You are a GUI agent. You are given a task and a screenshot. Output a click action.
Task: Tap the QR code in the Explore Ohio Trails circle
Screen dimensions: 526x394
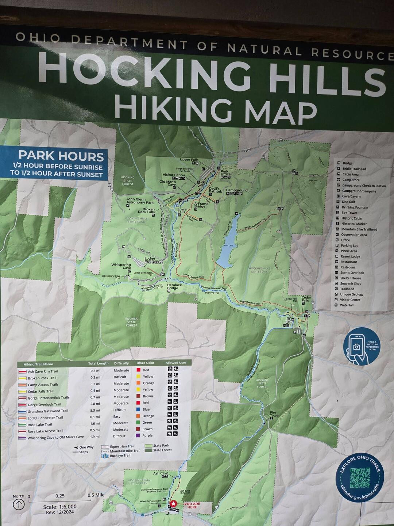pyautogui.click(x=360, y=478)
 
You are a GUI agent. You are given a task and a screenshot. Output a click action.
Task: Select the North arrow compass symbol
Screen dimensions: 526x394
pyautogui.click(x=19, y=504)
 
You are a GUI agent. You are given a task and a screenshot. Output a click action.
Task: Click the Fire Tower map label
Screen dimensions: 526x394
pyautogui.click(x=275, y=414)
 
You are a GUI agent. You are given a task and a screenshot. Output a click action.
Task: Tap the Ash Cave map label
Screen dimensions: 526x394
pyautogui.click(x=161, y=473)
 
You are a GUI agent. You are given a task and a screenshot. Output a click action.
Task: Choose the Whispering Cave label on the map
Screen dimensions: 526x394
pyautogui.click(x=121, y=266)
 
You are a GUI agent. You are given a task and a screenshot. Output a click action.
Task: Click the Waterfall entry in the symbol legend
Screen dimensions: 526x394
pyautogui.click(x=347, y=305)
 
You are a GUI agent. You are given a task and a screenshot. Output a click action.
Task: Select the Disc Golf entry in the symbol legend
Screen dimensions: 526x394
pyautogui.click(x=348, y=202)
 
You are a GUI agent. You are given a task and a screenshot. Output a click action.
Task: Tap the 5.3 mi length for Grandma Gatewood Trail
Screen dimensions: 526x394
pyautogui.click(x=95, y=410)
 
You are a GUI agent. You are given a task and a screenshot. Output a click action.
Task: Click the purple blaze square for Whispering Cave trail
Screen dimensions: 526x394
pyautogui.click(x=138, y=436)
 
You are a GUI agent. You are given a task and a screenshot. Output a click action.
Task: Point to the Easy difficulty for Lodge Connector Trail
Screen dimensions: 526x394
pyautogui.click(x=117, y=416)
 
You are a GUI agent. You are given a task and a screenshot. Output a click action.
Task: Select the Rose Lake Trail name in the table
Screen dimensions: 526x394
pyautogui.click(x=40, y=424)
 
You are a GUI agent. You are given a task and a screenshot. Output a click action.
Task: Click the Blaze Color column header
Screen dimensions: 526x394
pyautogui.click(x=145, y=363)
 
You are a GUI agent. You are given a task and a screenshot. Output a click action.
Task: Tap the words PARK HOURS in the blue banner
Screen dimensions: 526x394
pyautogui.click(x=61, y=156)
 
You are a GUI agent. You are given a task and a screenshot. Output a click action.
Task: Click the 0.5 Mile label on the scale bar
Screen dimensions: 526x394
pyautogui.click(x=96, y=495)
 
